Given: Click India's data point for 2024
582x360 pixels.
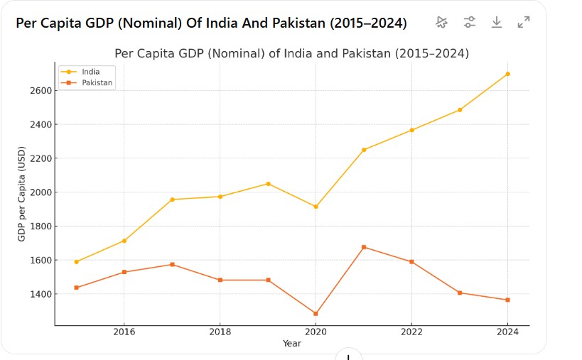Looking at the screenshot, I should (x=507, y=74).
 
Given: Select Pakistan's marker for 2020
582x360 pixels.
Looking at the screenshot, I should (x=316, y=314).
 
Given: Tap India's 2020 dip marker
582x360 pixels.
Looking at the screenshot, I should (x=316, y=207).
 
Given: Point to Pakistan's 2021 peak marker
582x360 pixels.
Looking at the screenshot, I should (x=364, y=247).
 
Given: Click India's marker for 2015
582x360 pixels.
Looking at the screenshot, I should (x=76, y=262).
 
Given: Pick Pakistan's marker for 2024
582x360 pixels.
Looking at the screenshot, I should (x=507, y=300).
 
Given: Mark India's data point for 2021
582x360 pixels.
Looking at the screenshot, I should (x=364, y=150).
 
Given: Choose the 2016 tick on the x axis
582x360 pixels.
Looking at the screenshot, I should (x=124, y=332).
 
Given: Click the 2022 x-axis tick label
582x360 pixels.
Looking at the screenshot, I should (x=411, y=332).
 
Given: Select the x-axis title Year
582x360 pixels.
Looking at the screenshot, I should (x=291, y=344).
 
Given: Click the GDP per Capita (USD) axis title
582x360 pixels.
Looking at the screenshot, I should (x=22, y=193).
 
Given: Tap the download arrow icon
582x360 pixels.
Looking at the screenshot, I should (x=497, y=22).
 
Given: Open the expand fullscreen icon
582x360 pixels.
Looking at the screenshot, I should (x=524, y=22).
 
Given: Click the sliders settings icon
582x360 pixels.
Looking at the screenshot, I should (x=470, y=22).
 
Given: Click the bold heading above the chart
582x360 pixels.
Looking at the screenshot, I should (x=211, y=23).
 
